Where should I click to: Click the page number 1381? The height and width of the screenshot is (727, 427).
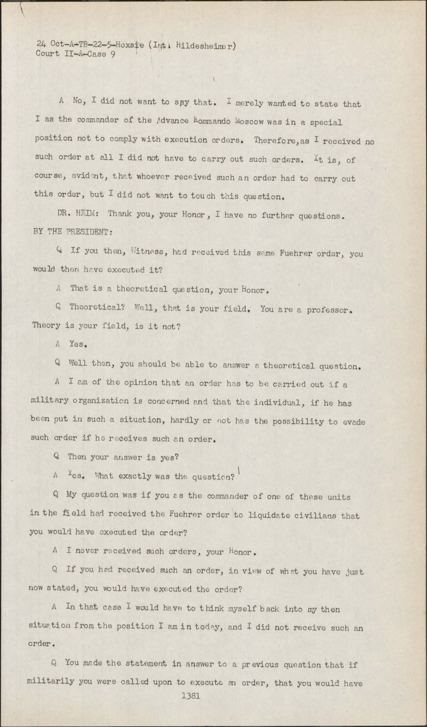point(191,696)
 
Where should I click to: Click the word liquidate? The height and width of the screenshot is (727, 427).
point(272,515)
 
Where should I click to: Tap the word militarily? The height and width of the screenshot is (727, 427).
point(51,681)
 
